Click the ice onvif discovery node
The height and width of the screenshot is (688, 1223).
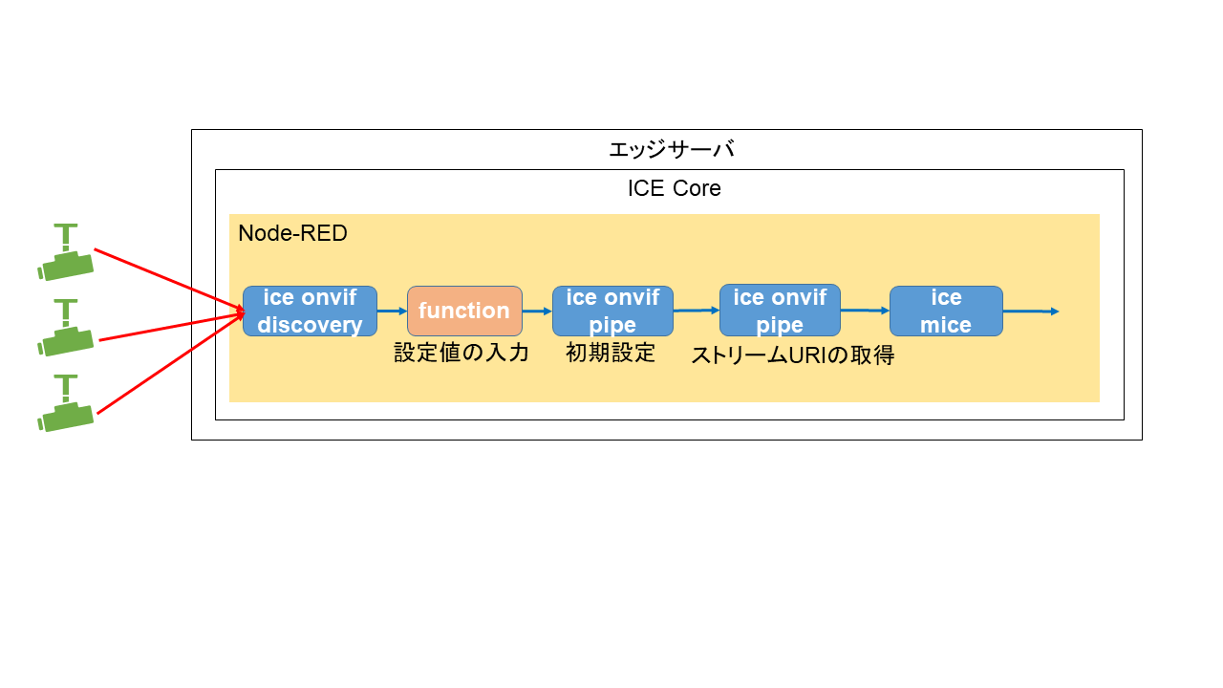(x=310, y=312)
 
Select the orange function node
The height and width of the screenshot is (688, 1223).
(x=464, y=311)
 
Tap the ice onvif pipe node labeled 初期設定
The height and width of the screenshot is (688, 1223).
(x=612, y=312)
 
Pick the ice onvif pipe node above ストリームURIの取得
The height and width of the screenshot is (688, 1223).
(x=780, y=311)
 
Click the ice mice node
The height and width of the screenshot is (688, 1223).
(x=946, y=312)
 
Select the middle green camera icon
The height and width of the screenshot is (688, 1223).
(x=65, y=329)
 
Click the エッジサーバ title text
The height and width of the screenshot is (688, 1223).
(x=671, y=150)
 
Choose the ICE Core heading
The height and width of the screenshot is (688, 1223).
(x=674, y=188)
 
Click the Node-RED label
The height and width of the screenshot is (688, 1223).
(x=292, y=233)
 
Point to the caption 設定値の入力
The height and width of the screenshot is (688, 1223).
(x=461, y=353)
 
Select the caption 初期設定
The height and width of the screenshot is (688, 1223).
(x=611, y=353)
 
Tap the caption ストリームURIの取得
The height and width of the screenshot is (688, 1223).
(x=792, y=355)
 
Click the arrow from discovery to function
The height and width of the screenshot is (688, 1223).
(x=392, y=311)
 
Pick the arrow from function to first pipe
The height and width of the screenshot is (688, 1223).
(x=537, y=311)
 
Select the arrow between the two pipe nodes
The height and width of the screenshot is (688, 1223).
(x=696, y=310)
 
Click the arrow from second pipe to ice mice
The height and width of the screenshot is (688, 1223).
(x=865, y=311)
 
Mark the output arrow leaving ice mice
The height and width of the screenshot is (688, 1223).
(x=1030, y=312)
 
